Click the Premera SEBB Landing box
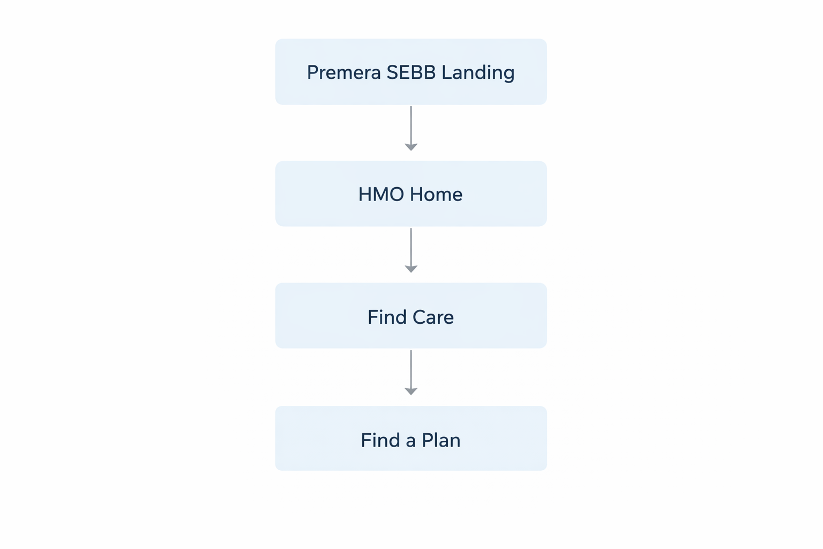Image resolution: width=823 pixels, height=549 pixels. click(411, 71)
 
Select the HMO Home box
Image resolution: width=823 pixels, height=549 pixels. click(411, 194)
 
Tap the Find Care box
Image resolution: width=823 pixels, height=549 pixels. click(411, 316)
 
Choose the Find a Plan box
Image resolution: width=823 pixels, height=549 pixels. click(411, 439)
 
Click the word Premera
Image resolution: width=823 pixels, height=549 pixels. click(344, 72)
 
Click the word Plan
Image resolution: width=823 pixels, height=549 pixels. click(441, 440)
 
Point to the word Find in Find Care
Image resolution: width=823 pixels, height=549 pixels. click(387, 317)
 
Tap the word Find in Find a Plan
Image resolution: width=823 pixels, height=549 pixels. click(380, 440)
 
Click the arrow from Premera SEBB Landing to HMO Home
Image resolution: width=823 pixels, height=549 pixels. click(411, 126)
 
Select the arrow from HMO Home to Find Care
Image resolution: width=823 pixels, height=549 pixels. click(411, 248)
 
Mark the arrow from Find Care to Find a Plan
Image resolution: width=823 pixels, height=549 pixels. click(411, 370)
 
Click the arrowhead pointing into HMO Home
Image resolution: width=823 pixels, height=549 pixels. click(411, 147)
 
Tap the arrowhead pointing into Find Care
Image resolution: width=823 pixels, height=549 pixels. click(411, 269)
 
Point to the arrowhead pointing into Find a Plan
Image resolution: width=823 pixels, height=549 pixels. click(411, 391)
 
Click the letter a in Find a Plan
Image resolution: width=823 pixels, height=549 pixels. click(411, 441)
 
